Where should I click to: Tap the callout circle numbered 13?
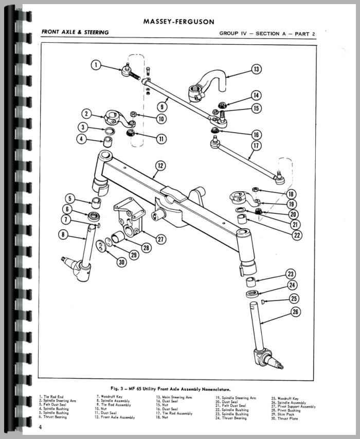pyautogui.click(x=256, y=69)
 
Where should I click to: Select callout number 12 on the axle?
pyautogui.click(x=160, y=165)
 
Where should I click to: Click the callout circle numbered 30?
pyautogui.click(x=121, y=262)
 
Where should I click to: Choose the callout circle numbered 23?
pyautogui.click(x=291, y=273)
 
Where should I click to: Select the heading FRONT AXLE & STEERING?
pyautogui.click(x=76, y=32)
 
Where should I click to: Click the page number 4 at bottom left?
pyautogui.click(x=40, y=427)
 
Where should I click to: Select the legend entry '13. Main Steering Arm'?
pyautogui.click(x=175, y=397)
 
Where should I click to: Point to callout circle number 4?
pyautogui.click(x=82, y=139)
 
